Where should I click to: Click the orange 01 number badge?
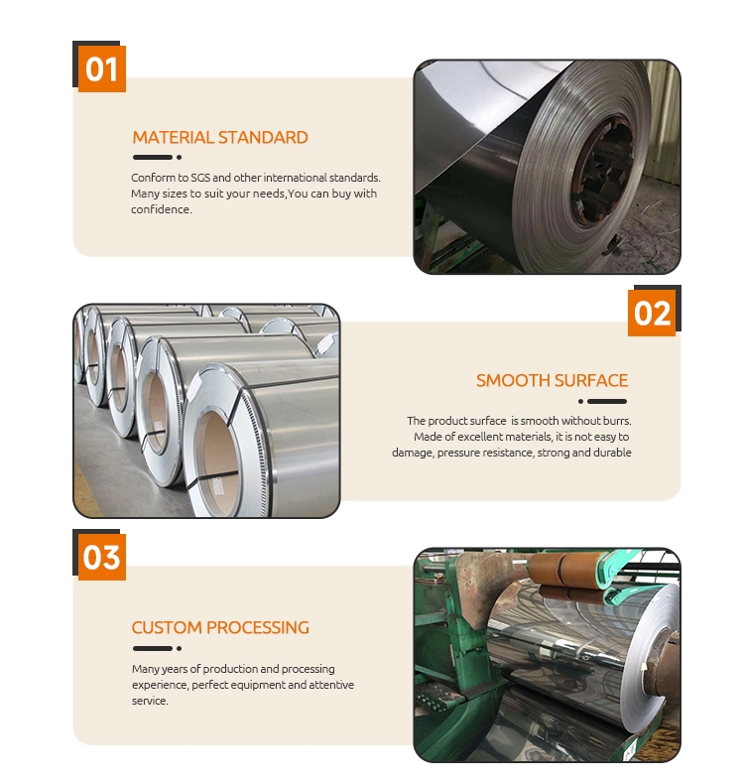102,68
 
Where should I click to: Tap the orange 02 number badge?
652,313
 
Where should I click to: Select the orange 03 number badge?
102,558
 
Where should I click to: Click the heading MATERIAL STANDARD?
220,137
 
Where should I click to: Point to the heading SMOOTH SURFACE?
552,380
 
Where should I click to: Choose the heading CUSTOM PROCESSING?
220,628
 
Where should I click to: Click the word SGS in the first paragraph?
200,178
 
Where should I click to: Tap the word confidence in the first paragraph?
162,209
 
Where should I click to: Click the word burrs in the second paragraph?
617,421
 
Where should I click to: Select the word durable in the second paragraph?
613,453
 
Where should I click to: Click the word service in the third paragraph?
150,701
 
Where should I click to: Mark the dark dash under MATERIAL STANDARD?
153,158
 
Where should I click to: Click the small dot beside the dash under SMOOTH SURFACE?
580,401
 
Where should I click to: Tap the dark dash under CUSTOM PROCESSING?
153,649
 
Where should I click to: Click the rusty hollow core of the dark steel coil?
603,172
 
